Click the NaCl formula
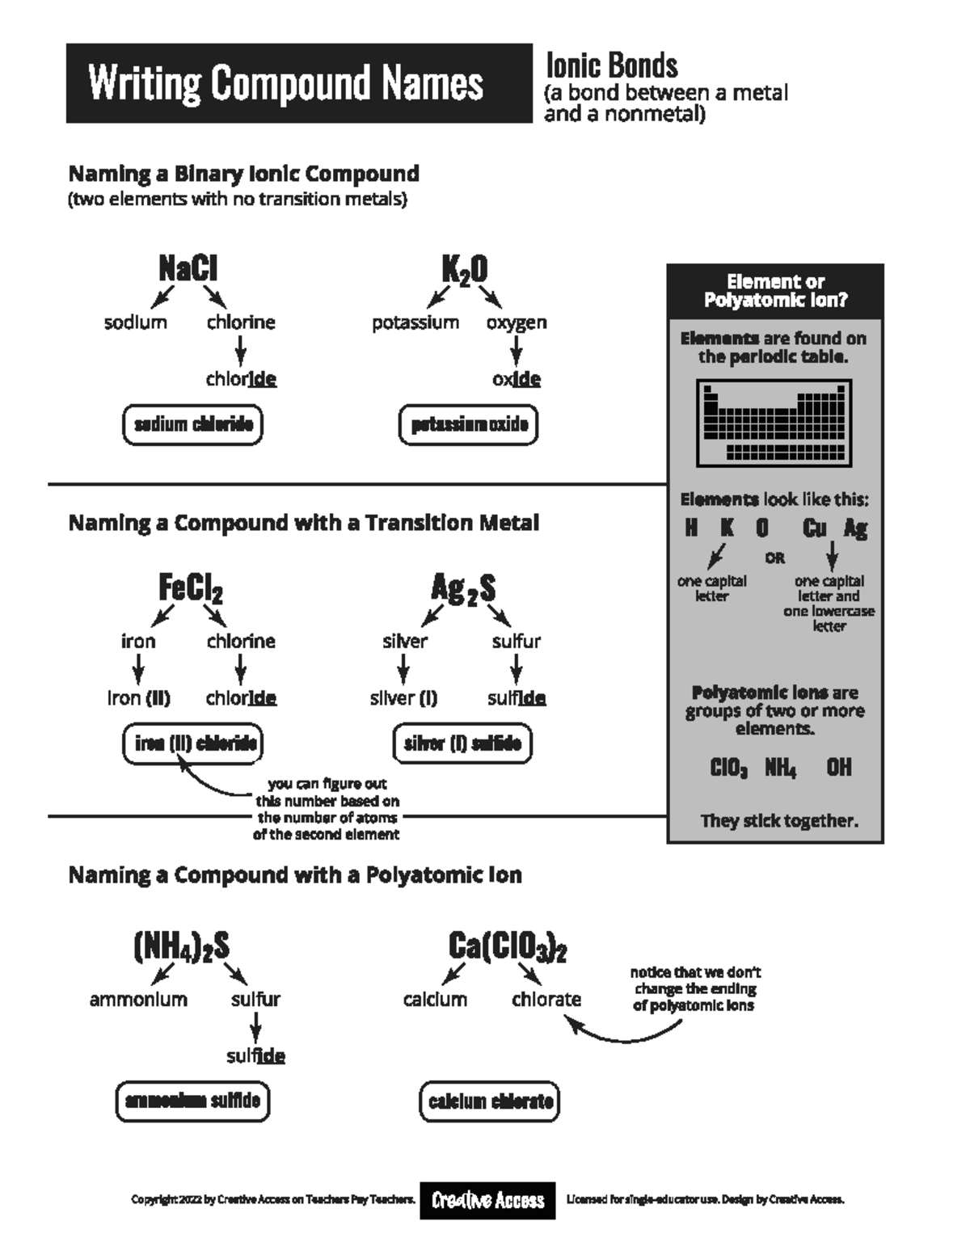[188, 268]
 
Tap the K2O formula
[465, 270]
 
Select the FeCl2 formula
[191, 588]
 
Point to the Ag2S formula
[463, 588]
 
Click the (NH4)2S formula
[182, 946]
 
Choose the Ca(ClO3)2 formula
[508, 946]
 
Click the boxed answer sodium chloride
[193, 424]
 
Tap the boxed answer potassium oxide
[469, 425]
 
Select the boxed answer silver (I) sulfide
[462, 743]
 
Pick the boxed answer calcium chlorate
[490, 1101]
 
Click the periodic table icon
[774, 423]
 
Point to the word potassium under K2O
[415, 322]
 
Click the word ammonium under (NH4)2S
[138, 1000]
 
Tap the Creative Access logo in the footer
[487, 1200]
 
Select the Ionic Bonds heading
[612, 65]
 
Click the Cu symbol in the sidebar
[814, 528]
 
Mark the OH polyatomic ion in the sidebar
[839, 767]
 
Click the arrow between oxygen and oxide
[516, 351]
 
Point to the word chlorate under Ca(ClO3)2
[546, 1000]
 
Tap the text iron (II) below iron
[138, 698]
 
